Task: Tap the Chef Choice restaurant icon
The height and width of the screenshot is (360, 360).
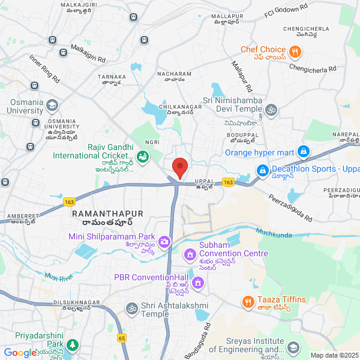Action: click(x=295, y=52)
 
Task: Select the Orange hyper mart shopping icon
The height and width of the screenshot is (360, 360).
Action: click(x=303, y=152)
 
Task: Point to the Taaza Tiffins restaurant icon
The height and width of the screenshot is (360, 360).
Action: click(x=247, y=302)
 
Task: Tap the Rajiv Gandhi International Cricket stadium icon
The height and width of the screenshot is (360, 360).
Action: click(x=143, y=158)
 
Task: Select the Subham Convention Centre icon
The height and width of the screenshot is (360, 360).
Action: click(x=190, y=256)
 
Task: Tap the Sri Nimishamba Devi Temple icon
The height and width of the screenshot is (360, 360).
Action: click(x=271, y=109)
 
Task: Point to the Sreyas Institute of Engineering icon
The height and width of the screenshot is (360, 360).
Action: click(x=293, y=347)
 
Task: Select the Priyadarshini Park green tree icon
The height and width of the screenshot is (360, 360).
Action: click(x=72, y=346)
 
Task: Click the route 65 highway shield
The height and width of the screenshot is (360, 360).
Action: click(x=122, y=338)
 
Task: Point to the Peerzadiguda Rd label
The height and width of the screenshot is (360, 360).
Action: click(x=290, y=208)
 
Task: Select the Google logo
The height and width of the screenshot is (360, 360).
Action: click(x=20, y=353)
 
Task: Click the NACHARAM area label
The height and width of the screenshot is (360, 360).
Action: click(x=174, y=74)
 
